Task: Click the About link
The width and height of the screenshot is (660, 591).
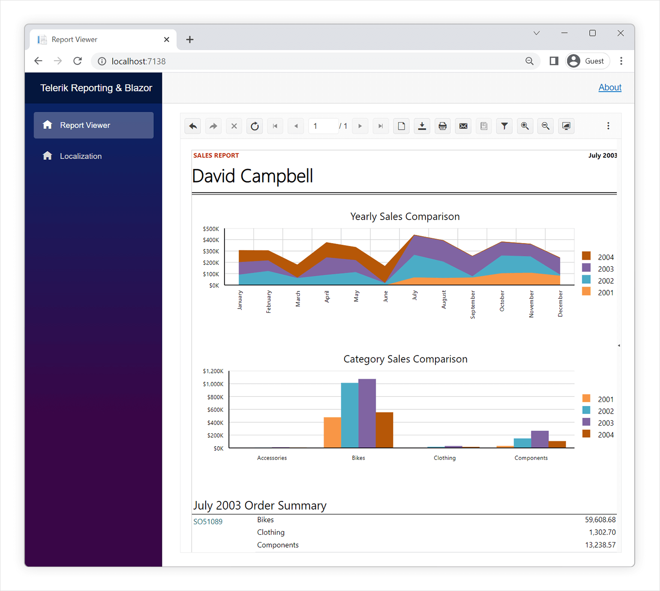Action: (609, 87)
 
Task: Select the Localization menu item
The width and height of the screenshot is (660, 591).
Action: (81, 156)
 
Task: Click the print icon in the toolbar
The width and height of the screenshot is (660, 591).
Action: (442, 126)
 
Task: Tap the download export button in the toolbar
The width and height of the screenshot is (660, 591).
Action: (422, 126)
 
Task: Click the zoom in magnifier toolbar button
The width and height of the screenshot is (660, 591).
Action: (525, 126)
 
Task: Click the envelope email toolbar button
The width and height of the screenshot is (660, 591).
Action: (463, 126)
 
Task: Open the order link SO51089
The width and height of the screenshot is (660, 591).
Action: (208, 522)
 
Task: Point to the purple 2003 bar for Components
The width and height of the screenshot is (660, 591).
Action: (540, 439)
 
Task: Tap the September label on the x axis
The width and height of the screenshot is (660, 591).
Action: (473, 304)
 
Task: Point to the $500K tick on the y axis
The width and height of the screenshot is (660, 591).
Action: (211, 229)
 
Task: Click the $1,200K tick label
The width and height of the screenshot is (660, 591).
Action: (213, 371)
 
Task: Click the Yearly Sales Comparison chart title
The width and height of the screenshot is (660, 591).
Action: (405, 216)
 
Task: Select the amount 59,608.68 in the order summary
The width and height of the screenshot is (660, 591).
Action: (600, 520)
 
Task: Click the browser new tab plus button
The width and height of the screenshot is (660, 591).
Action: (189, 39)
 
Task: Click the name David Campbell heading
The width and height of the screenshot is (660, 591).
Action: (252, 176)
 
